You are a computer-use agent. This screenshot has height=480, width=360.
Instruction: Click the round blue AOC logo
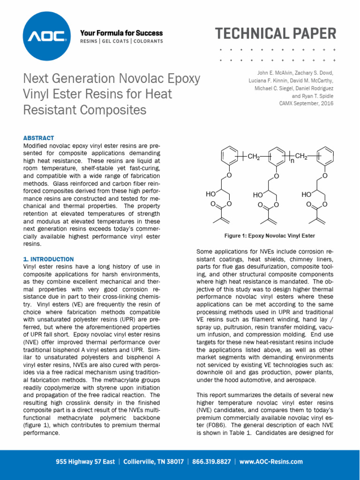click(x=46, y=36)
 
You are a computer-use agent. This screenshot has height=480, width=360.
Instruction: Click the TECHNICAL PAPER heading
click(x=276, y=34)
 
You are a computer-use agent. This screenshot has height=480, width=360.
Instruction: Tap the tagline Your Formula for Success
click(x=121, y=33)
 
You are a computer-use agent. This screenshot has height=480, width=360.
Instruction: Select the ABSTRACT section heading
click(x=38, y=138)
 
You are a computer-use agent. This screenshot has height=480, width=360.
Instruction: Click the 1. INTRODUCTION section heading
click(x=48, y=259)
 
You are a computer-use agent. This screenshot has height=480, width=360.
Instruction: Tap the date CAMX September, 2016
click(x=306, y=103)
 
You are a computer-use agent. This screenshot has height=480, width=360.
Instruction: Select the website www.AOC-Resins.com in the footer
click(x=271, y=462)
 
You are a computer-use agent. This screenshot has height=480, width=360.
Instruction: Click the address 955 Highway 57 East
click(x=85, y=462)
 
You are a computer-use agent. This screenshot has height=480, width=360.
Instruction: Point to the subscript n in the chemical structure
click(x=292, y=161)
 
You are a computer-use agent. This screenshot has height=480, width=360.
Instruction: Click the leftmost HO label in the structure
click(x=210, y=194)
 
